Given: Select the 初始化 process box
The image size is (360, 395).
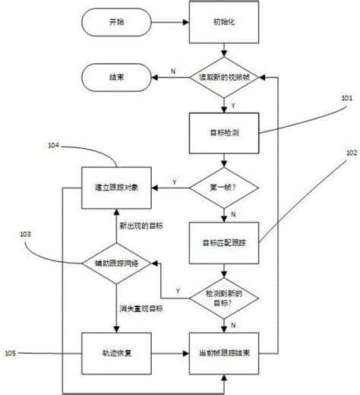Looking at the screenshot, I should [x=223, y=24].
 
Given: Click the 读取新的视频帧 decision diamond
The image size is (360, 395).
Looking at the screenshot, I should [x=223, y=77].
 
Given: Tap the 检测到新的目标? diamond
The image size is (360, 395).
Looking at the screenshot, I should [x=223, y=296].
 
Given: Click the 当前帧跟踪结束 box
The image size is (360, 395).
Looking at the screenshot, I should [x=223, y=353].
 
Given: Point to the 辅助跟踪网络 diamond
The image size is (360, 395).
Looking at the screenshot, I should [x=116, y=263].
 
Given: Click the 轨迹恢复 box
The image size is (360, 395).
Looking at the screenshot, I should [x=116, y=353].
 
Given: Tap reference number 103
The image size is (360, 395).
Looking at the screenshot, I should [x=25, y=235].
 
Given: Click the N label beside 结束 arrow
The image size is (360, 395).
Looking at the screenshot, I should [x=173, y=71].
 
